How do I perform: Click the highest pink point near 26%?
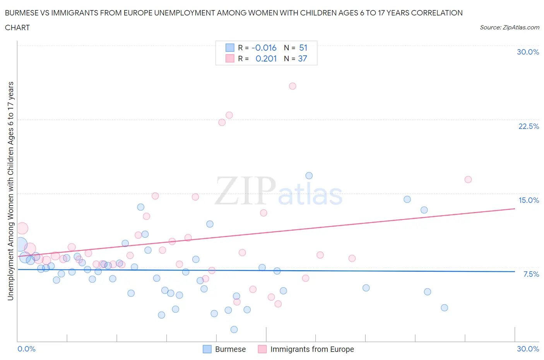(293, 86)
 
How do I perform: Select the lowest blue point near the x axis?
(234, 329)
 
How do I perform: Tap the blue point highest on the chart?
(309, 176)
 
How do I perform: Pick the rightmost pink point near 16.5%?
(468, 179)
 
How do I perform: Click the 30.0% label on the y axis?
(528, 52)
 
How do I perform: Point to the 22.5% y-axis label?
(529, 126)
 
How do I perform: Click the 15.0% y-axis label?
(529, 200)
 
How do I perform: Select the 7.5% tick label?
(531, 274)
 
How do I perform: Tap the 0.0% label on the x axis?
(27, 349)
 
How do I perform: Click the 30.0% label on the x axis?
(528, 349)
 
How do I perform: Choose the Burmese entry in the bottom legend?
(230, 349)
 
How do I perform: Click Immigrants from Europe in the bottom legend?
(312, 349)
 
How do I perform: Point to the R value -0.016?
(264, 48)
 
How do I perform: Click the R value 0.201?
(266, 58)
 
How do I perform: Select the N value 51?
(303, 48)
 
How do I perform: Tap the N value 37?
(302, 58)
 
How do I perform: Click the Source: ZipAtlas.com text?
(509, 27)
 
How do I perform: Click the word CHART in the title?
(17, 27)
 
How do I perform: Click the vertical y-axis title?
(10, 191)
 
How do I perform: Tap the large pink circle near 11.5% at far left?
(22, 228)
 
